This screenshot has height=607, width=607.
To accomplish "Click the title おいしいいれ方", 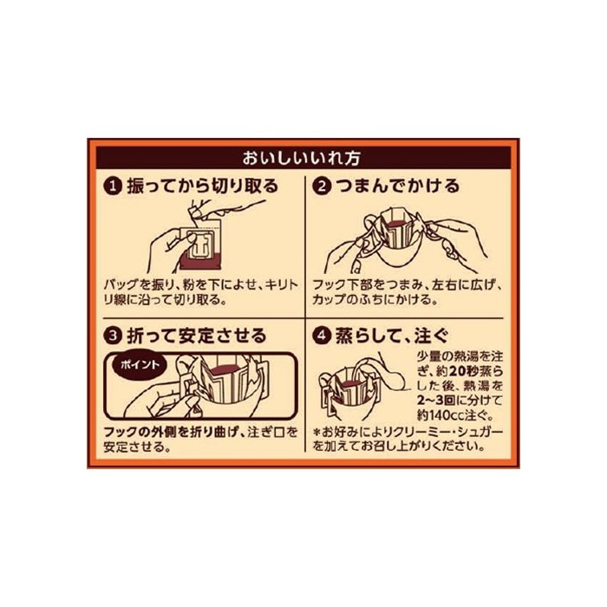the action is click(x=302, y=158).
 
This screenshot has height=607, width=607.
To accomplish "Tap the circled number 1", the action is click(x=113, y=186).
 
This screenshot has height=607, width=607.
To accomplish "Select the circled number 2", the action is click(x=322, y=186).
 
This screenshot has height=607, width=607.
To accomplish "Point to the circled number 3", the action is click(x=113, y=336).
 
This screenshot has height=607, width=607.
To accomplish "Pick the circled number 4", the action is click(x=322, y=336).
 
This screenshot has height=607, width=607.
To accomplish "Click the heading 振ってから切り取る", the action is click(x=203, y=186).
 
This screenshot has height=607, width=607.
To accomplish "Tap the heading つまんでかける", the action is click(x=397, y=186).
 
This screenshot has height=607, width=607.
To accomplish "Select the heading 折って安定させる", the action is click(x=197, y=336).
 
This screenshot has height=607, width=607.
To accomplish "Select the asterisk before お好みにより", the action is click(x=317, y=432).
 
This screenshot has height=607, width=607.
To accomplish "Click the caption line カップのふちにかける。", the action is click(x=375, y=300).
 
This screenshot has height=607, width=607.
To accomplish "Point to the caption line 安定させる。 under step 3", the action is click(x=137, y=447).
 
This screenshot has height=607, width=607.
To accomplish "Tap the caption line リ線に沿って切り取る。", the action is click(x=166, y=300).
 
